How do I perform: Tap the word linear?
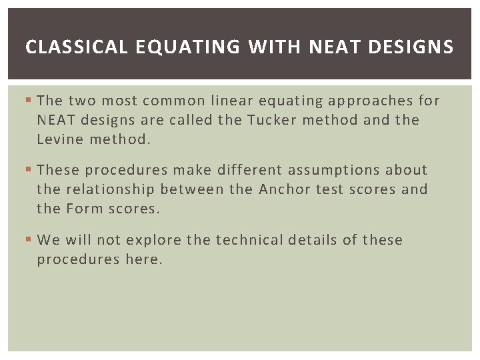click(x=233, y=101)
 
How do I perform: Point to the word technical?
click(x=246, y=240)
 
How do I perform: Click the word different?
click(x=249, y=170)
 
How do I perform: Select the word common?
click(x=173, y=101)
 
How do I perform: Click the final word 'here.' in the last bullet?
click(x=143, y=259)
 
